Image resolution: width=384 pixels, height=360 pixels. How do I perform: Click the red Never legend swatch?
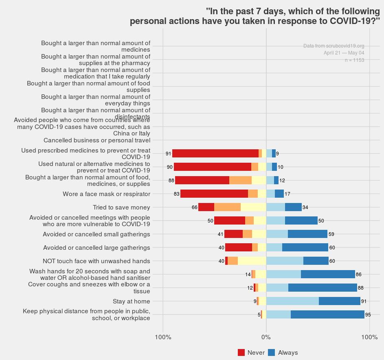point(241,353)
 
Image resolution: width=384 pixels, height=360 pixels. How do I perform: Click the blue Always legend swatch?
point(272,353)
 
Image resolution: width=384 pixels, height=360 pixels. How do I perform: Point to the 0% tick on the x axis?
point(266,337)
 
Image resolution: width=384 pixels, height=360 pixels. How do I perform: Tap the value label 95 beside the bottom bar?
point(368,315)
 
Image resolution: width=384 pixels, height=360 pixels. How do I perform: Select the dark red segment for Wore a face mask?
point(214,194)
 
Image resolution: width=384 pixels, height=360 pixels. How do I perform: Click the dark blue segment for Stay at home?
point(340,301)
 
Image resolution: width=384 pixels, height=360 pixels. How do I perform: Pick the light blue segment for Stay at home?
point(292,301)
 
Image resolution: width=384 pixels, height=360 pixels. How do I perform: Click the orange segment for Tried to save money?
point(227,207)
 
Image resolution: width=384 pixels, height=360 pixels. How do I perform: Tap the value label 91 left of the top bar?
point(168,154)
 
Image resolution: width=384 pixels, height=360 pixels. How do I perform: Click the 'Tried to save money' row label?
point(121,207)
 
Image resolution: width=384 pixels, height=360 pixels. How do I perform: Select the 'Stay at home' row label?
point(131,301)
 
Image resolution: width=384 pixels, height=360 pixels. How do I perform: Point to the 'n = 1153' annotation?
point(354,60)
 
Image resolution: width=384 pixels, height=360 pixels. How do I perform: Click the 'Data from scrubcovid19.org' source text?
point(334,46)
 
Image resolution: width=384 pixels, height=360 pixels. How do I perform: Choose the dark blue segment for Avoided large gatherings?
point(305,247)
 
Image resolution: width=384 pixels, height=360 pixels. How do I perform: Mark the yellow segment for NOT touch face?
point(252,261)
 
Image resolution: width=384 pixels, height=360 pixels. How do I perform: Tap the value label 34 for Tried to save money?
point(305,207)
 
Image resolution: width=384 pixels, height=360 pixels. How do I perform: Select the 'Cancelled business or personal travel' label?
point(97,140)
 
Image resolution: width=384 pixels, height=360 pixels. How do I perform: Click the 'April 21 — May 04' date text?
point(344,53)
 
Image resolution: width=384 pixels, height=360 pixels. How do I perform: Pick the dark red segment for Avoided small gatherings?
point(233,234)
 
